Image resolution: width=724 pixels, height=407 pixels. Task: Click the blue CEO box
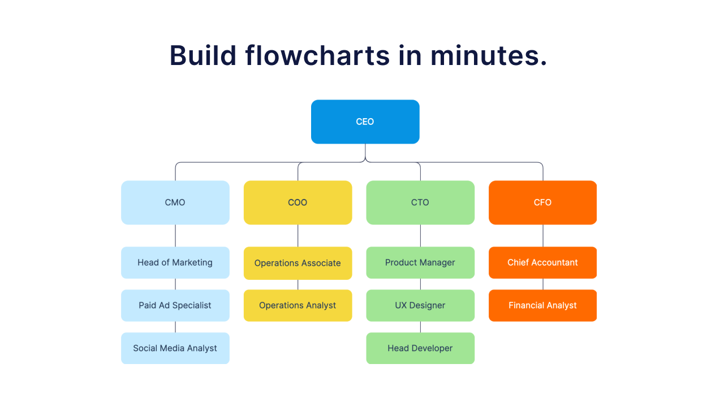(x=365, y=122)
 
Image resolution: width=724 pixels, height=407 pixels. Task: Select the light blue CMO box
(x=175, y=202)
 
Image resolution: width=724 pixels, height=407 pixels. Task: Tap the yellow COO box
(x=298, y=202)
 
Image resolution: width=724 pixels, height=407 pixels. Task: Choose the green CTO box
(x=420, y=202)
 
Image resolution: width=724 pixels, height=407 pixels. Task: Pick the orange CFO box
(x=542, y=202)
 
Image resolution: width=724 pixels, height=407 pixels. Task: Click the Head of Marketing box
(x=175, y=262)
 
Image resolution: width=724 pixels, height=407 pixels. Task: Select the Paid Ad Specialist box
(x=175, y=305)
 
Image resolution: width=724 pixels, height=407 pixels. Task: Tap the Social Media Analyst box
(x=175, y=348)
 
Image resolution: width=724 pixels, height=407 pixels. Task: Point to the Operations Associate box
(x=298, y=263)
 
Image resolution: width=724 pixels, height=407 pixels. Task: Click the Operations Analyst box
(x=298, y=305)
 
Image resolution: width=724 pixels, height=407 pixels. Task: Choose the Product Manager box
(x=420, y=262)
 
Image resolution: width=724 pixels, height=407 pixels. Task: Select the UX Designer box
(x=420, y=305)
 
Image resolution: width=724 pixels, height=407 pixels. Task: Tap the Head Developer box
(x=420, y=348)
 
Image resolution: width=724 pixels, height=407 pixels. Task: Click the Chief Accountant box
(x=542, y=262)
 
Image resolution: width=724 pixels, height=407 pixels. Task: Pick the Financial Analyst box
(x=542, y=305)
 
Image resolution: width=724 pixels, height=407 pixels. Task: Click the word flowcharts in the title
(x=318, y=55)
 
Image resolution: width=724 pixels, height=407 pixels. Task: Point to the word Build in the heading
(x=203, y=55)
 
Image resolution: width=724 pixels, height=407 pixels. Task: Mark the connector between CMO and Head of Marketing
(x=175, y=236)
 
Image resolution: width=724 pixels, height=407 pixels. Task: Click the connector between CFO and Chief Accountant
(x=543, y=236)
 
